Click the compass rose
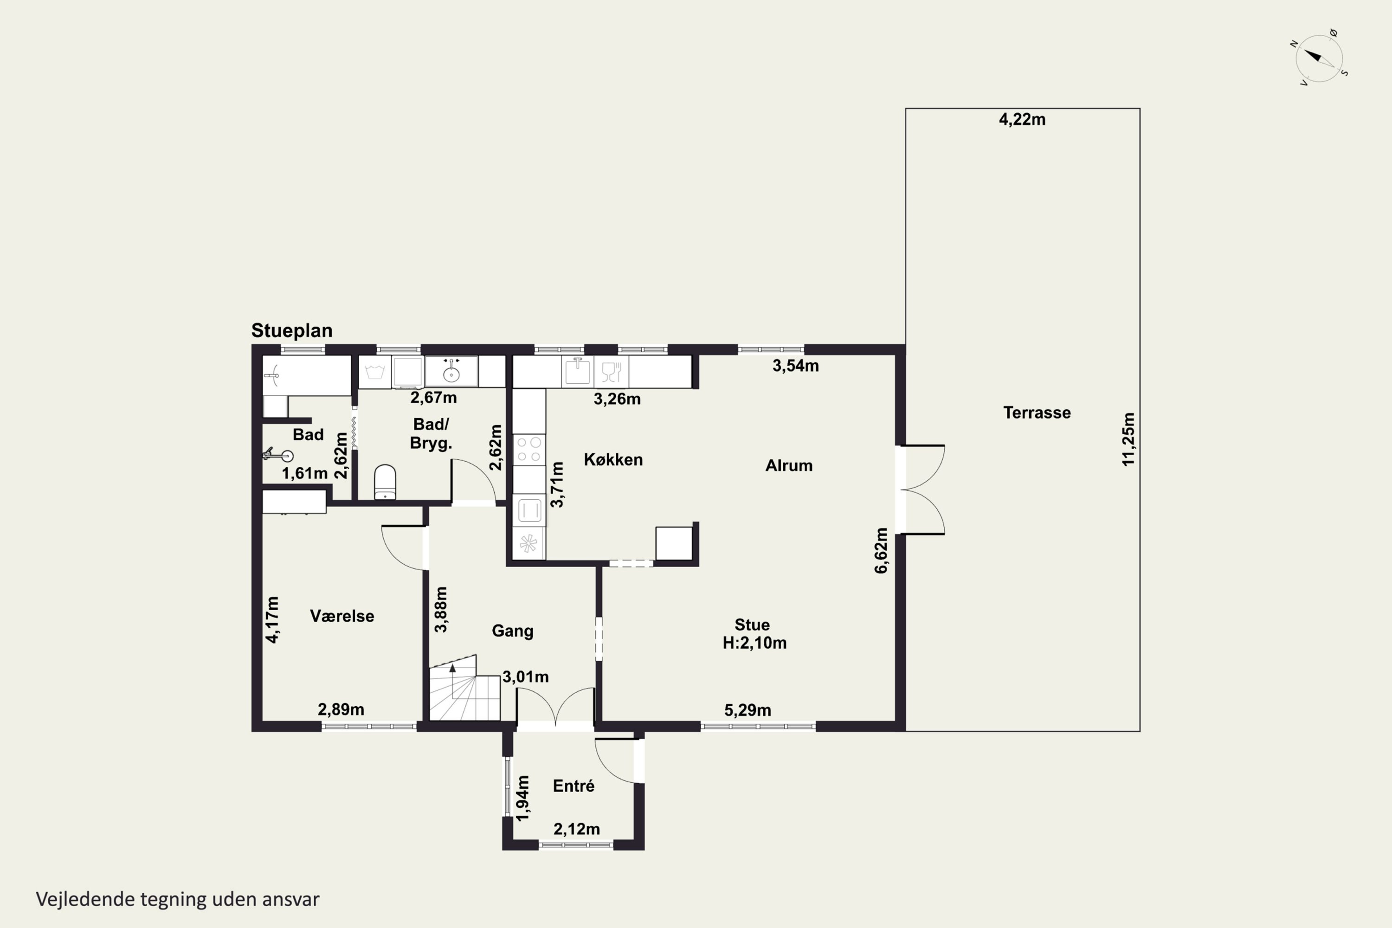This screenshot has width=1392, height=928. click(x=1319, y=58)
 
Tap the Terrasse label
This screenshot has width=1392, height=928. click(x=1037, y=412)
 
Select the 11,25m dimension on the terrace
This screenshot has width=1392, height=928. click(x=1128, y=439)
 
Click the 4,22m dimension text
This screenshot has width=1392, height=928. click(x=1022, y=120)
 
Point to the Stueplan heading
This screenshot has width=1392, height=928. click(x=292, y=330)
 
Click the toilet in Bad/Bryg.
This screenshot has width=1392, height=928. click(x=385, y=482)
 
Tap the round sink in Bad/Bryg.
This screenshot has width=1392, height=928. click(x=451, y=371)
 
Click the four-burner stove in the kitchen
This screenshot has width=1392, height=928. click(x=528, y=449)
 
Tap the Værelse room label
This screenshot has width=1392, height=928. click(x=342, y=616)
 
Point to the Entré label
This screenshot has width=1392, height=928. click(x=574, y=786)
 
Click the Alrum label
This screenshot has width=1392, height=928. click(x=789, y=465)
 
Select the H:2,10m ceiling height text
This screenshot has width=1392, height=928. click(x=754, y=643)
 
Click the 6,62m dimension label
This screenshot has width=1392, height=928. click(x=881, y=550)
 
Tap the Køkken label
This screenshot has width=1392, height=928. click(x=613, y=459)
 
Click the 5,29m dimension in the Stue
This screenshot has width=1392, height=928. click(x=748, y=710)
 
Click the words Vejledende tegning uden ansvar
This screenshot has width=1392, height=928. click(x=178, y=899)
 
